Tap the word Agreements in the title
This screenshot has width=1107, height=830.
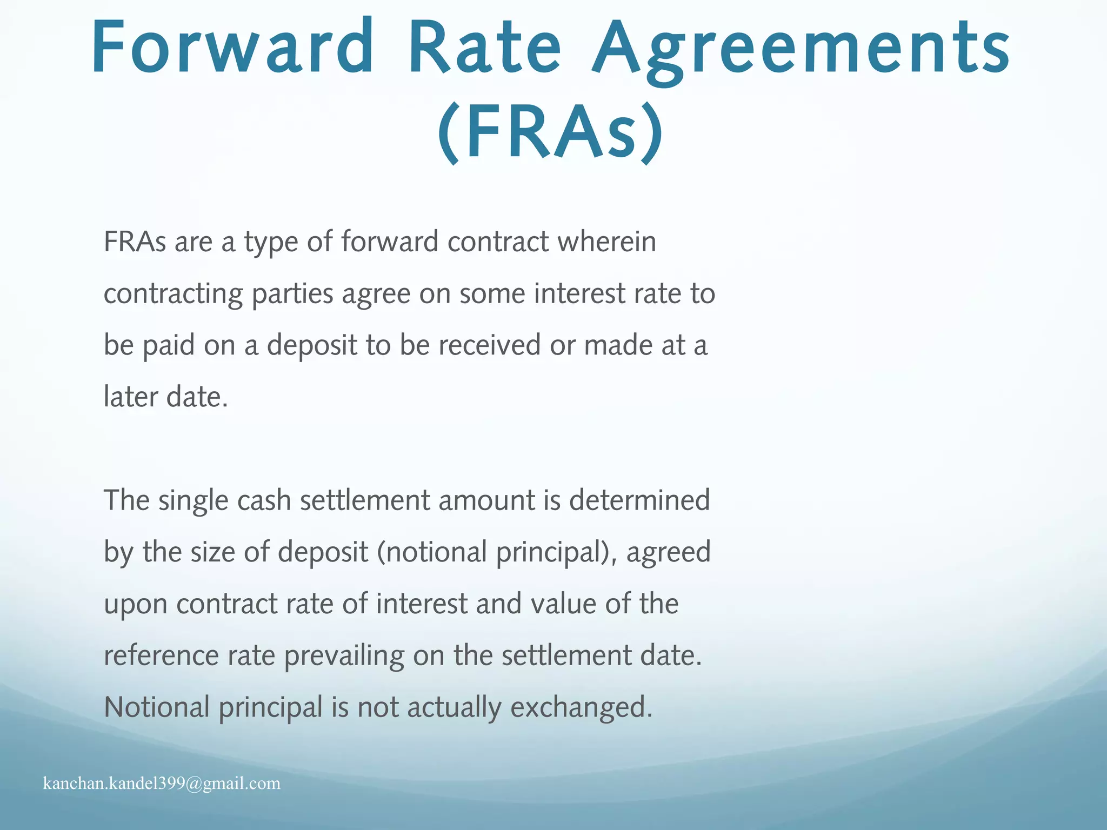pos(801,50)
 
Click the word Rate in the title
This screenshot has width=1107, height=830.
pos(485,47)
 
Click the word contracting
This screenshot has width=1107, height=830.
pos(173,294)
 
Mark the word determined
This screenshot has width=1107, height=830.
pos(639,500)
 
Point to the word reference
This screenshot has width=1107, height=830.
pos(161,655)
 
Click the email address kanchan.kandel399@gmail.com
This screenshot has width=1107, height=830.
pos(162,784)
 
